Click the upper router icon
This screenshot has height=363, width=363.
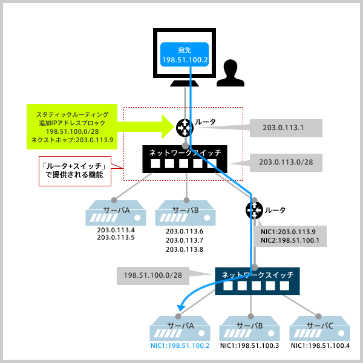pos(184,127)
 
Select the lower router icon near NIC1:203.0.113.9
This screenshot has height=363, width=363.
pos(254,210)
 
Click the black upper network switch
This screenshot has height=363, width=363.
pos(185,159)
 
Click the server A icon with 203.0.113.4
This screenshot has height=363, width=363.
pos(116,214)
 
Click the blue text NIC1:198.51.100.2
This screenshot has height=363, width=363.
pos(180,346)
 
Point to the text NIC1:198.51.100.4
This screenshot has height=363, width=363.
pos(320,346)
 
